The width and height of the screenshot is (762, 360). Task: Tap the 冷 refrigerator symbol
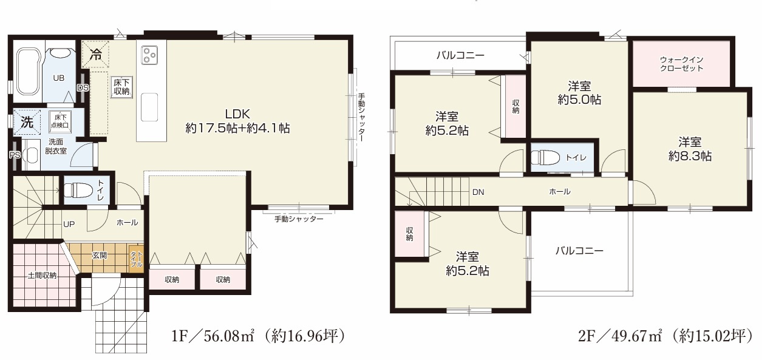click(96, 53)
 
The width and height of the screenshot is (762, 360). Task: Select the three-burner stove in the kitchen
click(149, 55)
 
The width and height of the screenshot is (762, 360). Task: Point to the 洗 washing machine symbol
click(27, 121)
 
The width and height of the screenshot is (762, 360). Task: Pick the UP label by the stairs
click(69, 223)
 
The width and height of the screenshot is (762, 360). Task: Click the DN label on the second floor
click(478, 192)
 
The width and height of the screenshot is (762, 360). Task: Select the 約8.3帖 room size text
click(690, 156)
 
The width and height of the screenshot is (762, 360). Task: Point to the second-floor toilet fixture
click(544, 157)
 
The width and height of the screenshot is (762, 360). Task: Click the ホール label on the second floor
click(559, 192)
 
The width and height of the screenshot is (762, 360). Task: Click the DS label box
click(83, 87)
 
